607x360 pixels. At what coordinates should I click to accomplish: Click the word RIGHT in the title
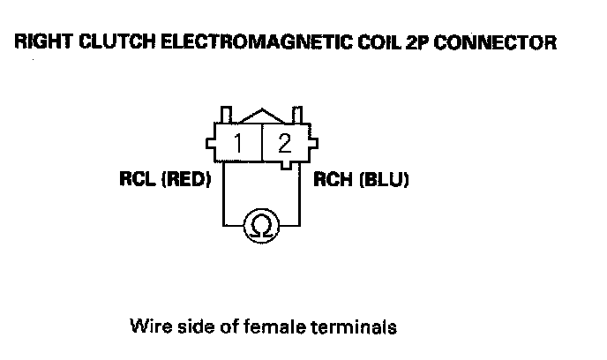[39, 42]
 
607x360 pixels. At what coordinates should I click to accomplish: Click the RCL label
[137, 180]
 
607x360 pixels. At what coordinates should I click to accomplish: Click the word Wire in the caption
[147, 326]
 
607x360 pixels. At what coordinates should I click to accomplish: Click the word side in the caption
[196, 326]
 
